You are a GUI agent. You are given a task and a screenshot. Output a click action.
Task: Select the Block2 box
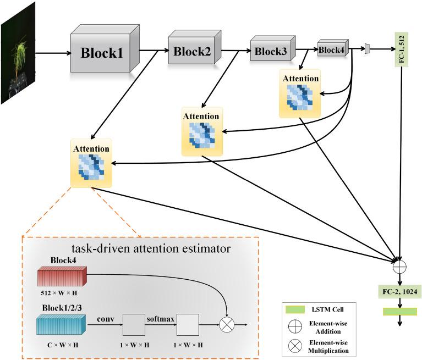coord(193,52)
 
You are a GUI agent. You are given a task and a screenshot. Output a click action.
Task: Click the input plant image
coord(18,53)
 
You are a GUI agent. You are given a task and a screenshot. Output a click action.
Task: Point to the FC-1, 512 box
coord(400,49)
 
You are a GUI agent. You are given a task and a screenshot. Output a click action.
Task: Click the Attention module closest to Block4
coord(300,93)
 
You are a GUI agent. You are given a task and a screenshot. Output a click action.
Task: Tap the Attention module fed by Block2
coord(201,132)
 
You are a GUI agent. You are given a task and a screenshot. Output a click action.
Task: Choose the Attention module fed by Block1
coord(91,164)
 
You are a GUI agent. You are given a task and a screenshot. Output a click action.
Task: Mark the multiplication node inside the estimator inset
coord(227,324)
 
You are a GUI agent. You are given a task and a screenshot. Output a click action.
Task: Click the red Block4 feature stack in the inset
coord(62,276)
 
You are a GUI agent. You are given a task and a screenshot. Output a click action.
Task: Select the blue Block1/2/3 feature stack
coord(61,324)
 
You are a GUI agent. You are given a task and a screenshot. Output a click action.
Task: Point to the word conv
coord(105,317)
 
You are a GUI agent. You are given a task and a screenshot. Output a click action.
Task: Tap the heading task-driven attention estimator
coord(154,248)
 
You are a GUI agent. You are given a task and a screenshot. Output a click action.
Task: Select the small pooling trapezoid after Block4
coord(367,49)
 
